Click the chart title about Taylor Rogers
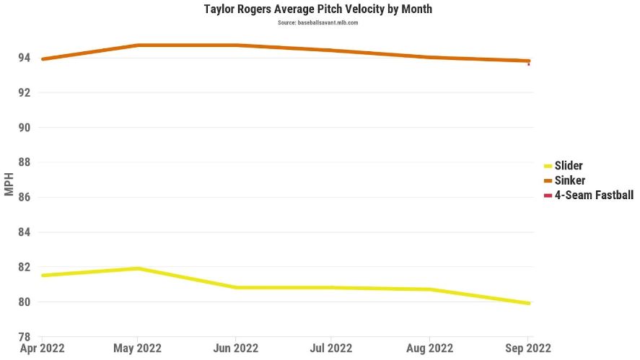tap(318, 9)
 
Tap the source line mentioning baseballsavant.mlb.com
tap(318, 23)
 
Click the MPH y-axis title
tap(9, 183)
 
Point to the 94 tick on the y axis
tap(24, 58)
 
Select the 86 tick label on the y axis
tap(24, 197)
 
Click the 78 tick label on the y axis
tap(24, 337)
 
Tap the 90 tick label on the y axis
tap(24, 128)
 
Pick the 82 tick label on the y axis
tap(24, 267)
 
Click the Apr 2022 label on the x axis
tap(43, 348)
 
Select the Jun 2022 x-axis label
tap(236, 348)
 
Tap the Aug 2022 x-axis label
tap(430, 348)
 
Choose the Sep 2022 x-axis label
tap(527, 348)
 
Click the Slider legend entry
tap(568, 166)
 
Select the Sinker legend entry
tap(569, 180)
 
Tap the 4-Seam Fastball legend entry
tap(593, 195)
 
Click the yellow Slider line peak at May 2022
tap(139, 268)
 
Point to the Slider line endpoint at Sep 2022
tap(529, 303)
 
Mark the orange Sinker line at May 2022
tap(139, 45)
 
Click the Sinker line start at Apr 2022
tap(43, 59)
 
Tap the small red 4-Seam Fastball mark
tap(529, 63)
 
